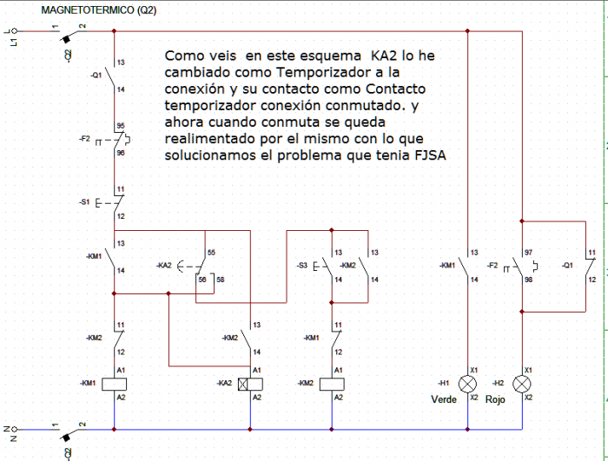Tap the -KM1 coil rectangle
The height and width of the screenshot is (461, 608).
point(115,383)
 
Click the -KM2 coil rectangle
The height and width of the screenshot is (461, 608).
point(332,383)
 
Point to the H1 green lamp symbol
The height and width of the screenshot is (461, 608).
point(468,383)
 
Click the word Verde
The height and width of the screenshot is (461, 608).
point(444,399)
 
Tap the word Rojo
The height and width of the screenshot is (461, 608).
point(495,399)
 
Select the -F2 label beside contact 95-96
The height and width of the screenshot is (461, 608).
point(84,137)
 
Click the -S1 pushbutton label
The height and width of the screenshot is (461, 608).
point(84,202)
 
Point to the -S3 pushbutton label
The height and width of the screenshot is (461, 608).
point(301,264)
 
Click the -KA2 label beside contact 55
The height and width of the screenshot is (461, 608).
point(164,264)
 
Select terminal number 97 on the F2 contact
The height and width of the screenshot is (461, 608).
point(530,252)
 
